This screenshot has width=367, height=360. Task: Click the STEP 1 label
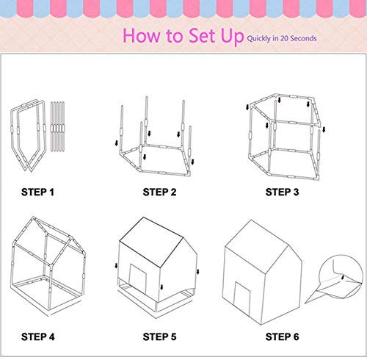pyautogui.click(x=36, y=192)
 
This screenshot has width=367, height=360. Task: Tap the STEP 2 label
pyautogui.click(x=161, y=192)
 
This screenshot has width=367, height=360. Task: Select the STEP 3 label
pyautogui.click(x=284, y=192)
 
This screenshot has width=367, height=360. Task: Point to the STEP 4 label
pyautogui.click(x=36, y=336)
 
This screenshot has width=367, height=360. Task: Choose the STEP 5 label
pyautogui.click(x=161, y=336)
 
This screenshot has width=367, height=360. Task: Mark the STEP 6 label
pyautogui.click(x=284, y=336)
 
